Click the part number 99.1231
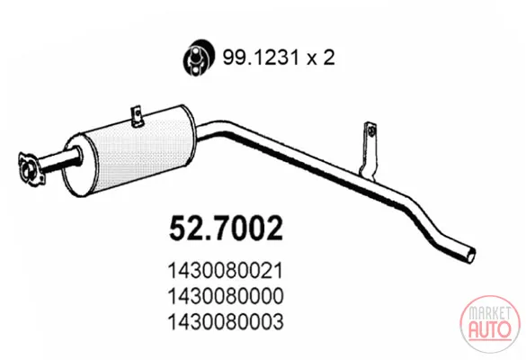tap(261, 58)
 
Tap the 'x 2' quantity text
tap(320, 58)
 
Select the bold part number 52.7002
tap(226, 229)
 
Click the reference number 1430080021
tap(225, 270)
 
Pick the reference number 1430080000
tap(225, 296)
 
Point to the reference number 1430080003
tap(225, 321)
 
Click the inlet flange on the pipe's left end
tap(31, 168)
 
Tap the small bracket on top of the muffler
tap(137, 116)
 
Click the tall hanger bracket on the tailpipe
tap(368, 150)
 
